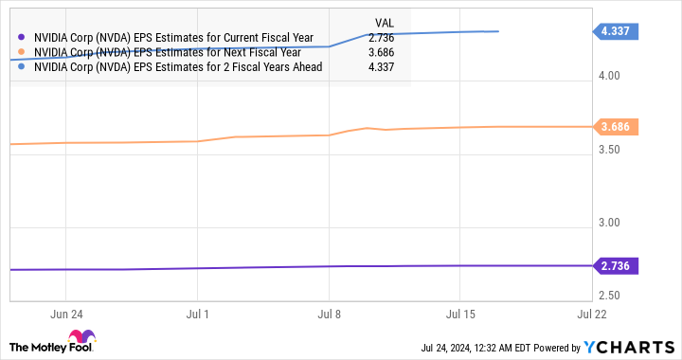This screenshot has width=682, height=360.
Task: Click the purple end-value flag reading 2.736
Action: click(620, 266)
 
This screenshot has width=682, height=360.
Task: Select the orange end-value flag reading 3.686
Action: click(620, 126)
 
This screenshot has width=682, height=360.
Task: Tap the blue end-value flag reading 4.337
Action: click(620, 31)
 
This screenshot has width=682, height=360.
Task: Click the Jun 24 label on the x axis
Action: click(65, 312)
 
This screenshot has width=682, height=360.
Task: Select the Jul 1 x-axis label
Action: click(198, 312)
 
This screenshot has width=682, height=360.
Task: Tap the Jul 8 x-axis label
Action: click(329, 312)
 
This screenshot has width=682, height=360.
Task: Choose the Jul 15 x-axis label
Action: click(459, 312)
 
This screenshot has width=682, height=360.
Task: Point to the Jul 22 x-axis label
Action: click(590, 312)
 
